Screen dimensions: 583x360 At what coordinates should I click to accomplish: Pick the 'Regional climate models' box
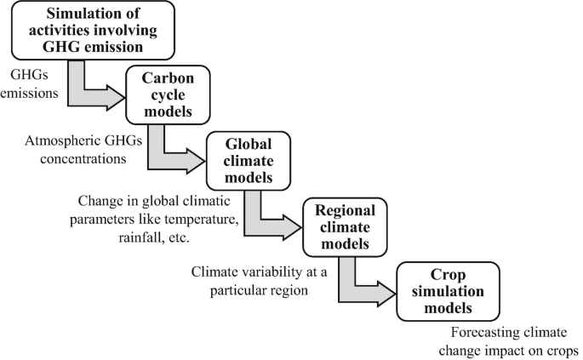coord(344,226)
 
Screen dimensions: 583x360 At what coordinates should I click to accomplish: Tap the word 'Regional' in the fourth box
coord(345,210)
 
